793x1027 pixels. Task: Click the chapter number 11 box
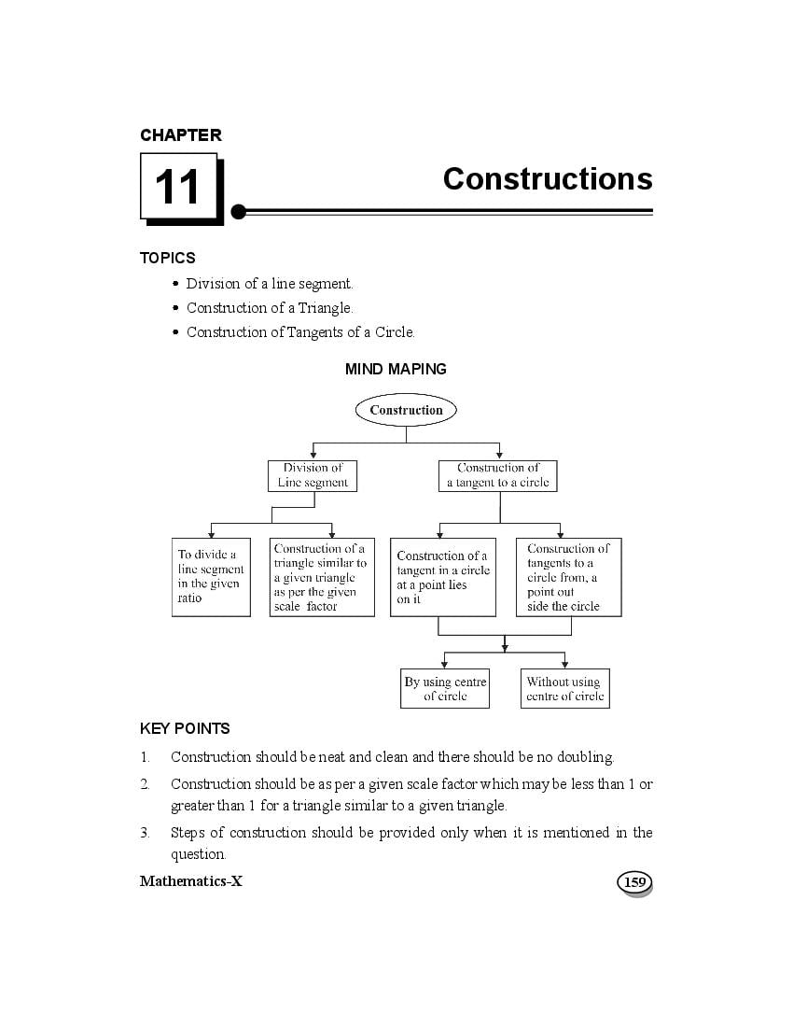pyautogui.click(x=178, y=187)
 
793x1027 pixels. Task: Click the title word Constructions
pyautogui.click(x=548, y=178)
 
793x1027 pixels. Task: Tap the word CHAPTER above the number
pyautogui.click(x=181, y=135)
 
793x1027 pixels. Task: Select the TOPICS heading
pyautogui.click(x=168, y=258)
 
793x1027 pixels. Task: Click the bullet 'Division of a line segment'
pyautogui.click(x=269, y=284)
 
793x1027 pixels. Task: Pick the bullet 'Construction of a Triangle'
pyautogui.click(x=269, y=308)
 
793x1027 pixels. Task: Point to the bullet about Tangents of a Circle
pyautogui.click(x=299, y=332)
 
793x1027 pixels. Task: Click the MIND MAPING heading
pyautogui.click(x=396, y=369)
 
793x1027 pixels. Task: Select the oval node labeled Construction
pyautogui.click(x=406, y=410)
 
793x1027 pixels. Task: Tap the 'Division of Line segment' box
pyautogui.click(x=313, y=475)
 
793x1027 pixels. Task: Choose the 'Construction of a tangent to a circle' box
pyautogui.click(x=497, y=475)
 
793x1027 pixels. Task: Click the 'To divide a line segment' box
pyautogui.click(x=212, y=577)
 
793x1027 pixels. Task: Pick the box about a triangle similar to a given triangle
pyautogui.click(x=321, y=577)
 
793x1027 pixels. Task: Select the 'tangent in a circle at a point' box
pyautogui.click(x=442, y=578)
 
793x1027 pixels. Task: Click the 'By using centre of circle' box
pyautogui.click(x=445, y=689)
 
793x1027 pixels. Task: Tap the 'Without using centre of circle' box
pyautogui.click(x=564, y=689)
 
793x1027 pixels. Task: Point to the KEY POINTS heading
pyautogui.click(x=185, y=728)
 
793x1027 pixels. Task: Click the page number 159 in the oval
pyautogui.click(x=634, y=882)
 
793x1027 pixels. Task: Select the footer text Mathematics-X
pyautogui.click(x=190, y=881)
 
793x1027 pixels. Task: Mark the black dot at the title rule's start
pyautogui.click(x=239, y=212)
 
